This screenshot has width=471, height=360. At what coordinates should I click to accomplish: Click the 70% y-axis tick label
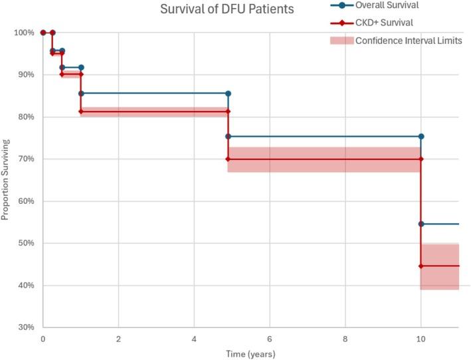click(26, 159)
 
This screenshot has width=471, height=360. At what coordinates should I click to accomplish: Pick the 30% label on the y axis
click(26, 327)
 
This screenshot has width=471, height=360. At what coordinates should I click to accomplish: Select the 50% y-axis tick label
click(26, 243)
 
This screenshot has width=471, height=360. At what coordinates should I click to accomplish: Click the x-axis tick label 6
click(270, 339)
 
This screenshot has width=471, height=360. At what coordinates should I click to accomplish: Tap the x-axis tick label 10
click(421, 339)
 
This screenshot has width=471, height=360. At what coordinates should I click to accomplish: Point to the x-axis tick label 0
click(43, 339)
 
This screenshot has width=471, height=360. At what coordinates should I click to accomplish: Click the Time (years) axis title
click(249, 353)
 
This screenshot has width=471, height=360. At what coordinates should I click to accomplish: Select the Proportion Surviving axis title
click(6, 180)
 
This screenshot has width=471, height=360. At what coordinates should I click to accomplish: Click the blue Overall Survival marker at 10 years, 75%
click(421, 136)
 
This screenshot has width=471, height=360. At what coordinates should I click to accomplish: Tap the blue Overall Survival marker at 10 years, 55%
click(421, 224)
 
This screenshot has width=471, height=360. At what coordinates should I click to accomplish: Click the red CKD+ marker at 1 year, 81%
click(81, 112)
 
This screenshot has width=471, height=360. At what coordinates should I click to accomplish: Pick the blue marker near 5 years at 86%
click(228, 94)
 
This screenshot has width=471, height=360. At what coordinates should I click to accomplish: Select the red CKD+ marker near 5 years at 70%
click(228, 159)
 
